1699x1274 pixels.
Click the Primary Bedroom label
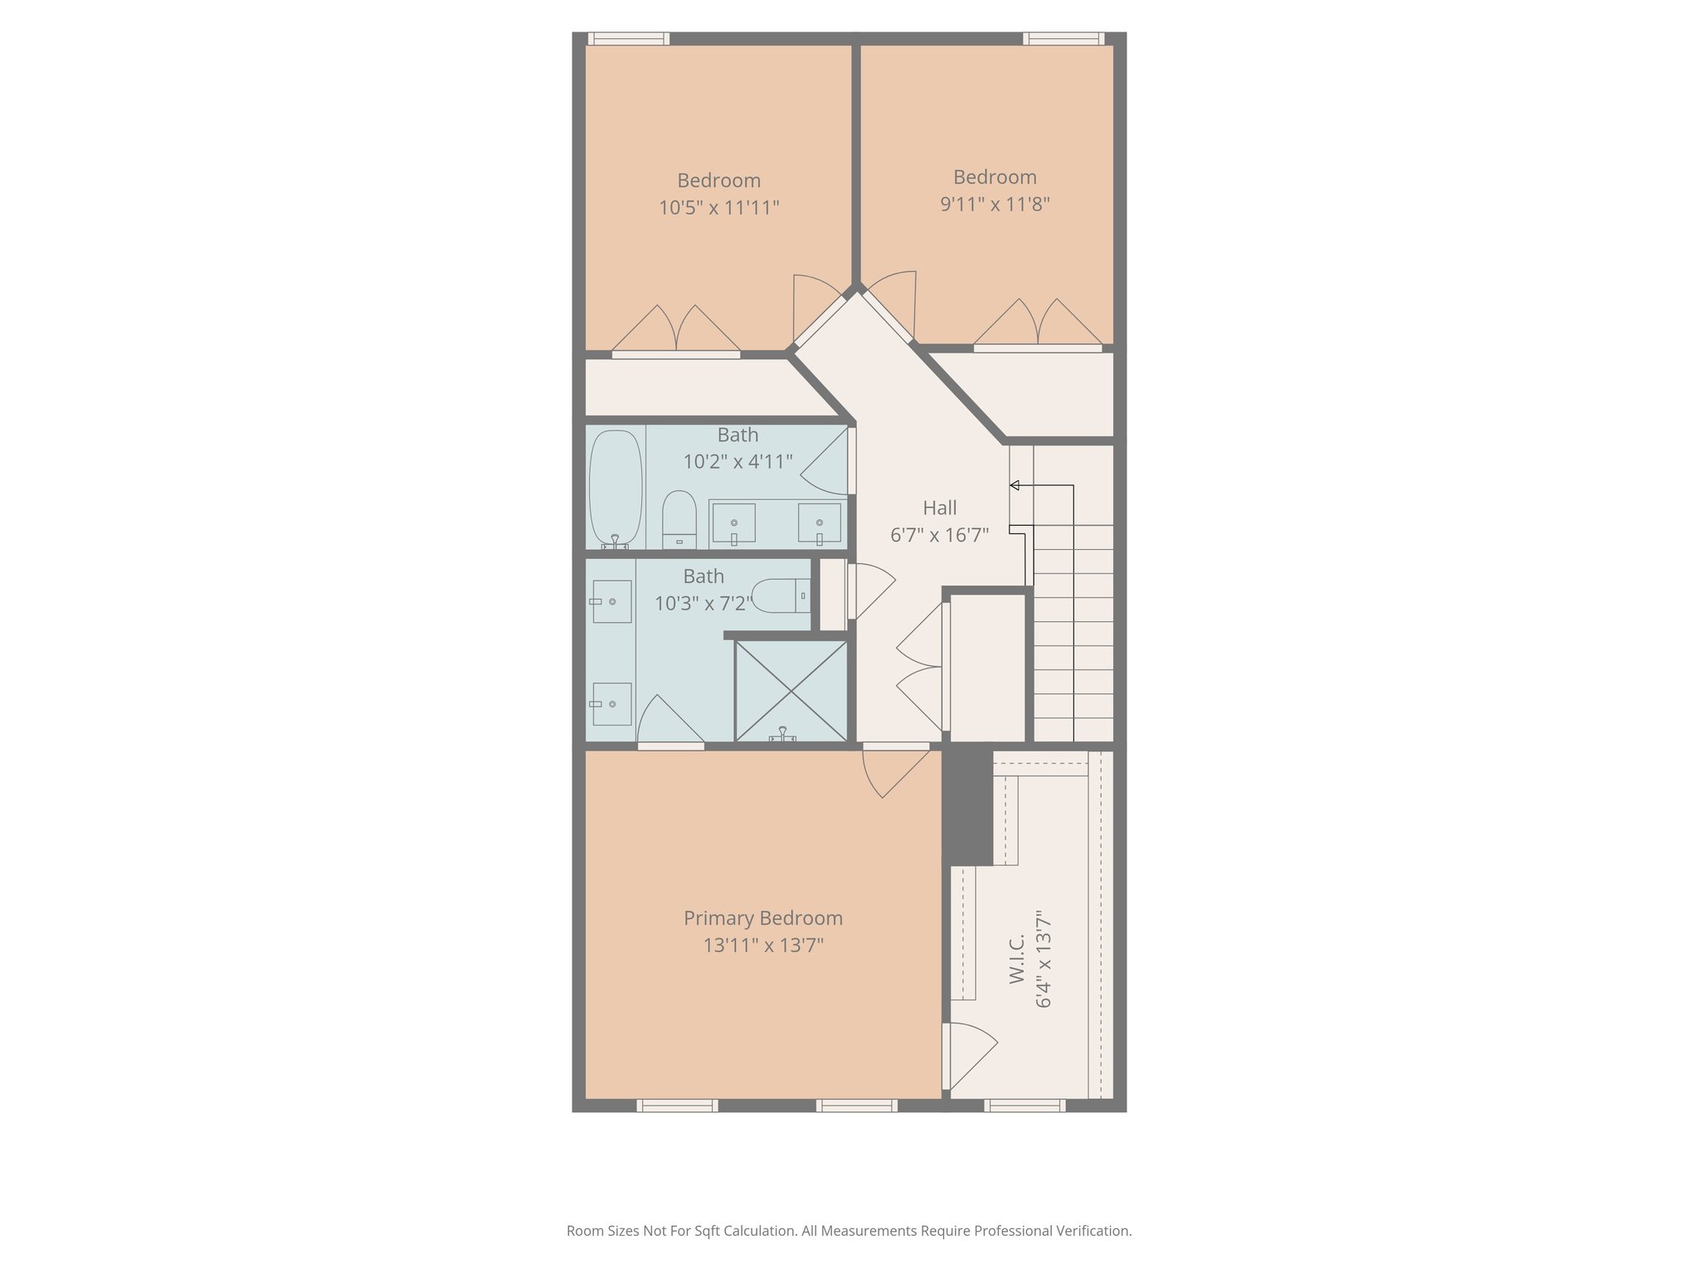[x=762, y=918]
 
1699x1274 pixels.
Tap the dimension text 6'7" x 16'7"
[x=939, y=535]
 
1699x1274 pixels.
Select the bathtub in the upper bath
[x=616, y=487]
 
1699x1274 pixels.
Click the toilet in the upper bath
[x=679, y=518]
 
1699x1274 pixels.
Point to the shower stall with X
[x=791, y=690]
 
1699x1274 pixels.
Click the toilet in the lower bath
[x=780, y=596]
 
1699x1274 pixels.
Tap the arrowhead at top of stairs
[x=1014, y=485]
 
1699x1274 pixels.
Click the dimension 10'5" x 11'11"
[x=718, y=207]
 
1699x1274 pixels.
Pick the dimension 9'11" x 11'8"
[x=995, y=203]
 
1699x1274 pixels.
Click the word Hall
[x=939, y=508]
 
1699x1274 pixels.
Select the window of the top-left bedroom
[x=628, y=38]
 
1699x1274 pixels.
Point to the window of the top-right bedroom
[x=1063, y=38]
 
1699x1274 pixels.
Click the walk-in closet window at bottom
[x=1025, y=1105]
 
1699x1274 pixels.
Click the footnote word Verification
[x=1093, y=1231]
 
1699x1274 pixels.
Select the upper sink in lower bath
[x=611, y=601]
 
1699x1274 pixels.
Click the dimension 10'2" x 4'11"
[x=738, y=461]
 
